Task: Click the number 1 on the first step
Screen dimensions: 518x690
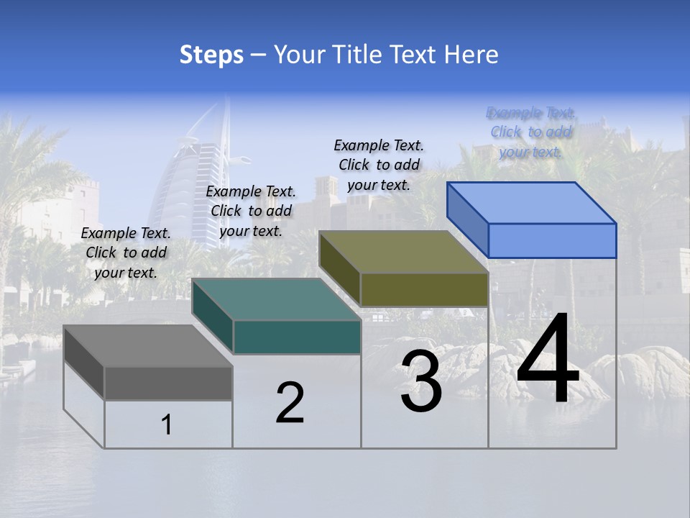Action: pos(167,424)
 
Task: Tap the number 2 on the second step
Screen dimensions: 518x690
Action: pos(290,403)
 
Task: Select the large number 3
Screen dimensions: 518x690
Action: pos(420,381)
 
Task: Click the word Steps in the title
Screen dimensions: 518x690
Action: pos(211,55)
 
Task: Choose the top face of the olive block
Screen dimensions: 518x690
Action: pos(403,252)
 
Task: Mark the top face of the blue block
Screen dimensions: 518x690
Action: pos(531,203)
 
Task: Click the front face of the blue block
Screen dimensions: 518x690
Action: pos(552,240)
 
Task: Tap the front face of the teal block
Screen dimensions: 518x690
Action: pos(297,337)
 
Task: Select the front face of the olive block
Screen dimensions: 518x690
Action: pos(424,289)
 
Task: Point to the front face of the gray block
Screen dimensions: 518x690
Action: pos(168,383)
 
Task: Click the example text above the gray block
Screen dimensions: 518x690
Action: pos(126,253)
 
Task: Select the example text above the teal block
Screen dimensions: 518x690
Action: pos(251,211)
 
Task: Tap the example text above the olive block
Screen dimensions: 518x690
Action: pos(379,165)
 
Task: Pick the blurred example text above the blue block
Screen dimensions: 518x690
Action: pos(531,132)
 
